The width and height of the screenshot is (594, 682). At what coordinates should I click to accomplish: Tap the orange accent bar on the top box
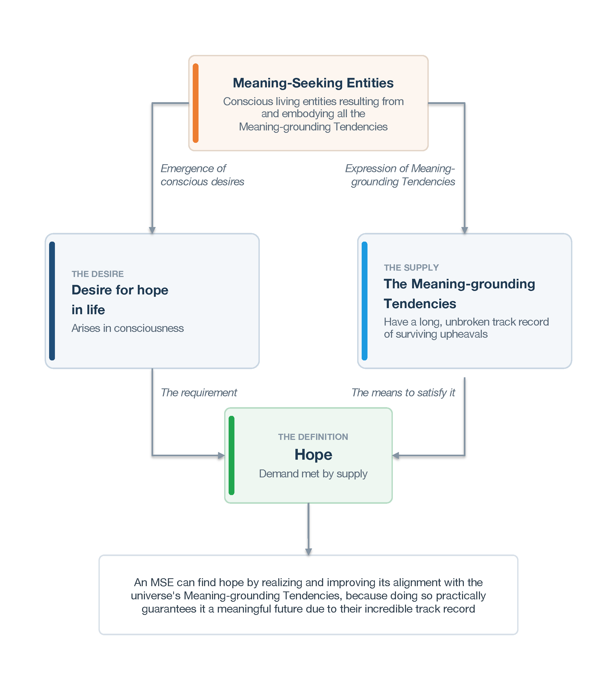[196, 103]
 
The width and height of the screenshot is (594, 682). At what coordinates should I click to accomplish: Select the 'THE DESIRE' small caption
[97, 274]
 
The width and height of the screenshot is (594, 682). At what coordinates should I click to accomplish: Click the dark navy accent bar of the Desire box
[52, 301]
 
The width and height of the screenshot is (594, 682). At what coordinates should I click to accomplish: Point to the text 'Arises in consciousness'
[128, 328]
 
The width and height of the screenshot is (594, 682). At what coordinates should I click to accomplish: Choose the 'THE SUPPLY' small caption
[411, 267]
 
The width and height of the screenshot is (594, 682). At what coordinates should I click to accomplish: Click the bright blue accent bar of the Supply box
[365, 301]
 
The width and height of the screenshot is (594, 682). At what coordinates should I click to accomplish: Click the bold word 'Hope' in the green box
[313, 455]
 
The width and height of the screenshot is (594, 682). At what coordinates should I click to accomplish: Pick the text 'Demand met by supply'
[313, 474]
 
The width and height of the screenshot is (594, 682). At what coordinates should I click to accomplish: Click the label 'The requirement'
[199, 393]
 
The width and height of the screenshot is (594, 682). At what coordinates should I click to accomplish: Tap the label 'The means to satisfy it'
[403, 393]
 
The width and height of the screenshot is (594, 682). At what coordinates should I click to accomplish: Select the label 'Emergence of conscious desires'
[202, 175]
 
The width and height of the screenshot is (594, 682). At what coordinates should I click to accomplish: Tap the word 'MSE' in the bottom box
[162, 582]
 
